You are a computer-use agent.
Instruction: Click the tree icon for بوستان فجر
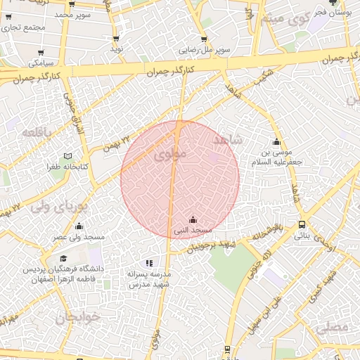pyautogui.click(x=333, y=4)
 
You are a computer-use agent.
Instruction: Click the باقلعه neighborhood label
pyautogui.click(x=37, y=131)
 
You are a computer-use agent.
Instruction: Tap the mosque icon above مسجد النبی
pyautogui.click(x=193, y=220)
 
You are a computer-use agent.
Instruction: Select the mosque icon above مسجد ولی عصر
pyautogui.click(x=79, y=226)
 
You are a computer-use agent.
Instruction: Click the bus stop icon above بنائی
pyautogui.click(x=302, y=224)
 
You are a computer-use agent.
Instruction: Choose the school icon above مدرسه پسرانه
pyautogui.click(x=148, y=262)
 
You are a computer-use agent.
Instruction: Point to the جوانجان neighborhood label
pyautogui.click(x=79, y=316)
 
